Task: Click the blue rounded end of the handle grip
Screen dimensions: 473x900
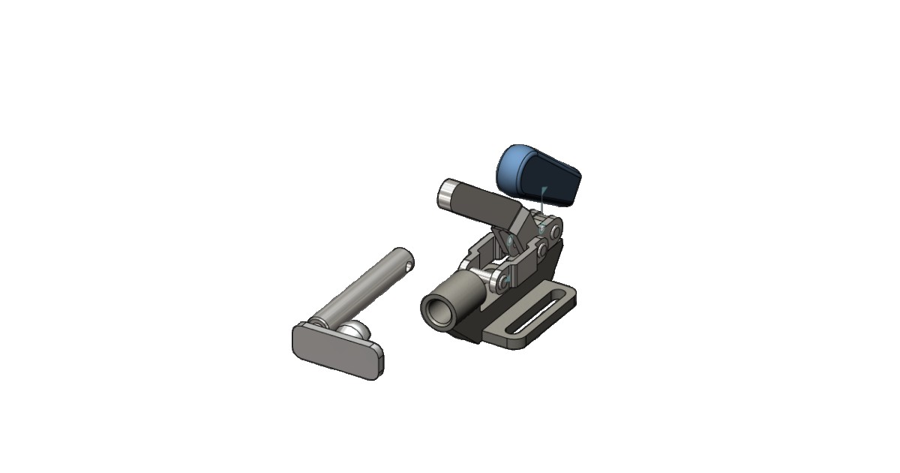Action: click(x=511, y=166)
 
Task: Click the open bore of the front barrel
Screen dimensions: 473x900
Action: click(x=434, y=310)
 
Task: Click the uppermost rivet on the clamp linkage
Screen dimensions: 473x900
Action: click(x=556, y=228)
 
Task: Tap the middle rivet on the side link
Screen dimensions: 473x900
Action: click(x=541, y=249)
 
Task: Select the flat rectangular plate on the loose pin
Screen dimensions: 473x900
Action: click(x=336, y=351)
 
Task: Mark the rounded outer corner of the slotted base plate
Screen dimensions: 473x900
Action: click(x=573, y=297)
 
